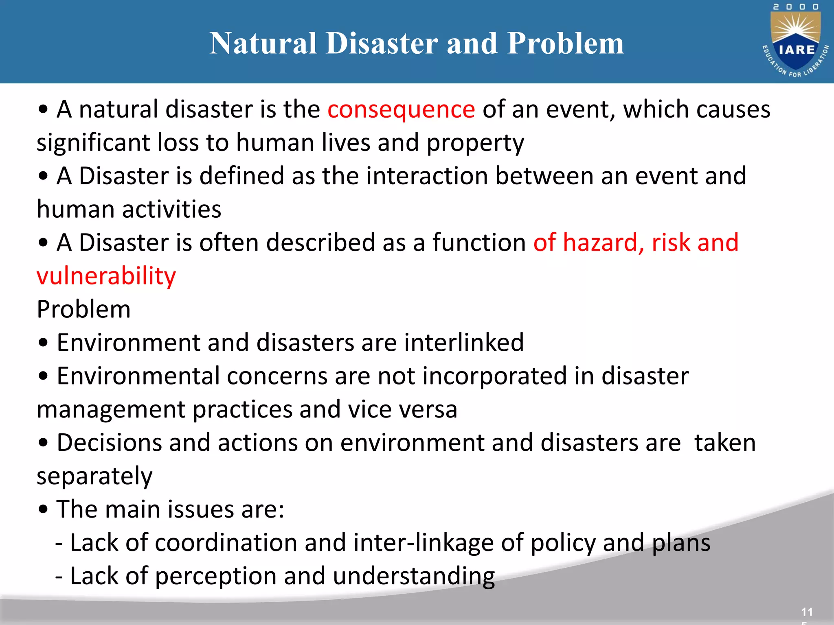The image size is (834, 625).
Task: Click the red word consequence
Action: [401, 110]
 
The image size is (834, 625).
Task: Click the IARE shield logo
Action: [796, 42]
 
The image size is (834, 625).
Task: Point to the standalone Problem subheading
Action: [83, 310]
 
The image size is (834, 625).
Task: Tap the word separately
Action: [94, 476]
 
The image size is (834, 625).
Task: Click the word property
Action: [475, 144]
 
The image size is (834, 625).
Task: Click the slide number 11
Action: [806, 612]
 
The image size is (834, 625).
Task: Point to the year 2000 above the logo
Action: [796, 7]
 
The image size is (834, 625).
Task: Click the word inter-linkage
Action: [424, 543]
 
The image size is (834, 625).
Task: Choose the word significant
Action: [93, 143]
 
